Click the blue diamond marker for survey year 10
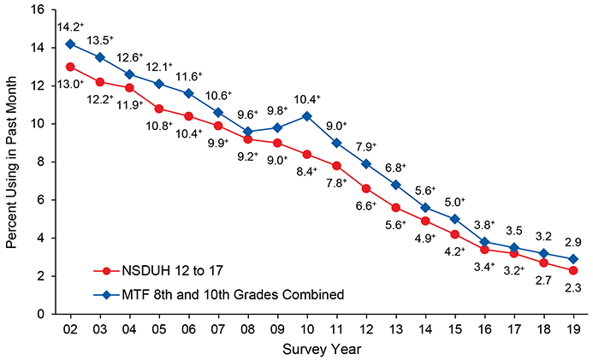(306, 115)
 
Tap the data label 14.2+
(71, 25)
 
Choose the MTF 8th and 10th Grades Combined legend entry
(205, 295)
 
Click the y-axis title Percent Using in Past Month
(11, 162)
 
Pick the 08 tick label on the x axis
(247, 328)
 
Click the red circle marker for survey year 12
(365, 188)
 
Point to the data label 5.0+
(454, 202)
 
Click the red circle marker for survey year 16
(483, 250)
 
